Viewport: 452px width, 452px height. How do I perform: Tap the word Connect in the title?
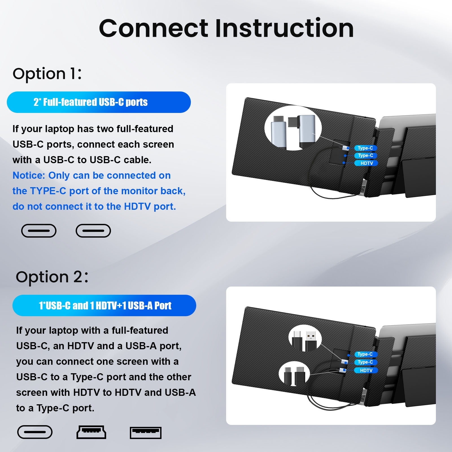coord(154,28)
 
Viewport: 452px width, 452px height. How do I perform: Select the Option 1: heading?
coord(47,74)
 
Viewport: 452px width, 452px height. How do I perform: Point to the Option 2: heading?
coord(52,277)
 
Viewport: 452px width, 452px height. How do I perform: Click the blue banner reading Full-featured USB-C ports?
coord(99,102)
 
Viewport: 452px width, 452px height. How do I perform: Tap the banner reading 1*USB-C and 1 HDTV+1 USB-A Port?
coord(104,305)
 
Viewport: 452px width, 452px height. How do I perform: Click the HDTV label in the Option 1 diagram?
coord(367,163)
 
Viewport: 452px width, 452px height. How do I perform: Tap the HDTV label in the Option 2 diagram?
coord(366,370)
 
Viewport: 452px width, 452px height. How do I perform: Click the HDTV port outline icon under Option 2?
coord(91,432)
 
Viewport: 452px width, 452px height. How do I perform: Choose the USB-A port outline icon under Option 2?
coord(145,433)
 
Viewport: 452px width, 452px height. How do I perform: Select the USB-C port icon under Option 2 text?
coord(35,432)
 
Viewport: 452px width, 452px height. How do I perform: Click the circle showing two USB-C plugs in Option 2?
coord(294,374)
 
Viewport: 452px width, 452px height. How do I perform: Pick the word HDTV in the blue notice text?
coord(137,206)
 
